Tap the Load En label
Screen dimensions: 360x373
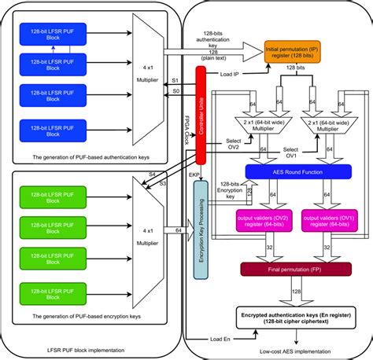click(220, 339)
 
